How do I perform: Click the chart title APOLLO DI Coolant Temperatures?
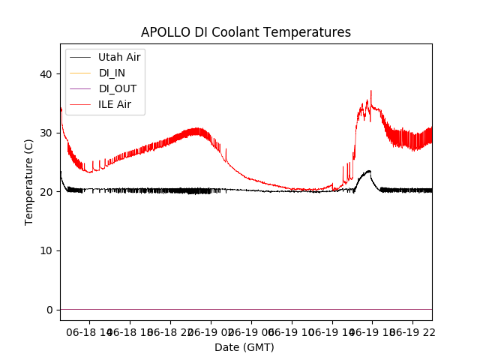pyautogui.click(x=246, y=32)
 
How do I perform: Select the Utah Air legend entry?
pyautogui.click(x=119, y=57)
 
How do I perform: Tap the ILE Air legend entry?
pyautogui.click(x=115, y=104)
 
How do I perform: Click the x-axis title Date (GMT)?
pyautogui.click(x=244, y=347)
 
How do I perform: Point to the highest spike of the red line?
pyautogui.click(x=370, y=91)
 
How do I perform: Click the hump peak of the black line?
pyautogui.click(x=368, y=171)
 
